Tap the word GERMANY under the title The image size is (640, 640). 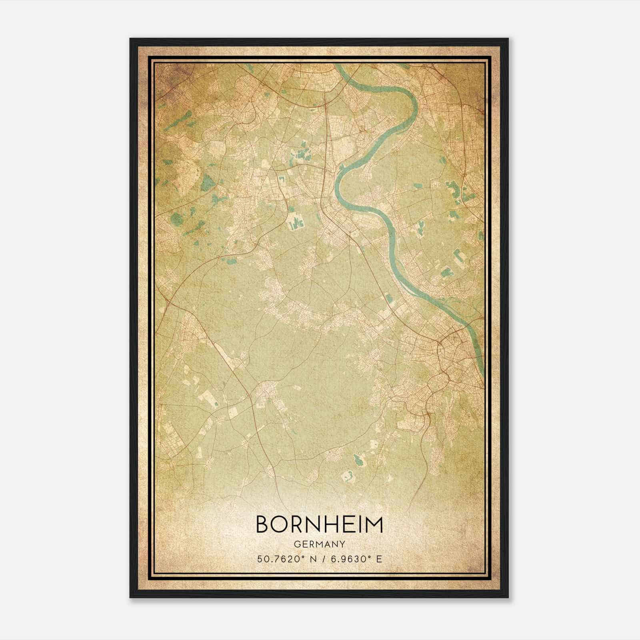(x=319, y=544)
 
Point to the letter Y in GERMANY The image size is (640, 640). (x=342, y=544)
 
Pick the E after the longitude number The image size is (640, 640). (x=379, y=558)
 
